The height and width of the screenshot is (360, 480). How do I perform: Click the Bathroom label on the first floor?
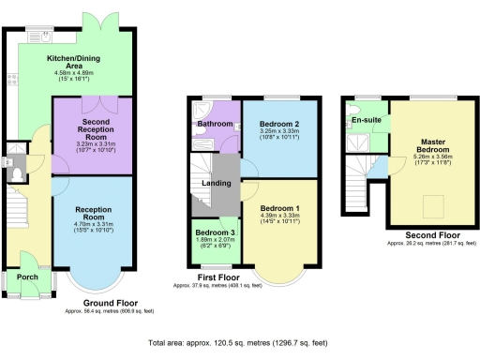point(214,124)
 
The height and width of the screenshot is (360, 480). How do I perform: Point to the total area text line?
point(240,344)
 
